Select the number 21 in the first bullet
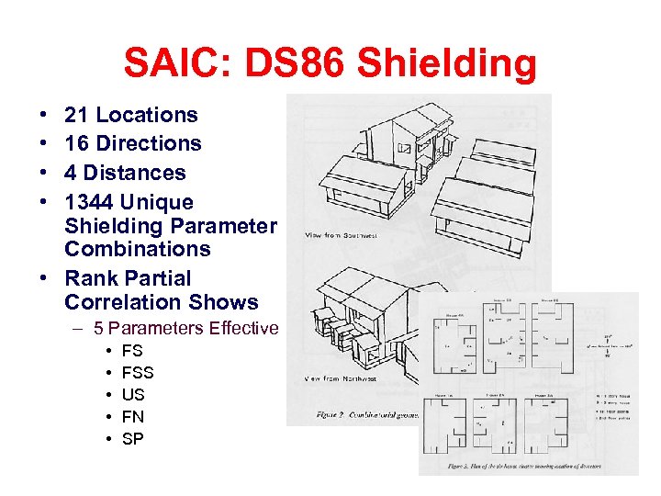coord(77,115)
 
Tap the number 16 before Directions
coord(77,143)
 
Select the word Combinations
coord(138,249)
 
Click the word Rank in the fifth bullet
coord(90,278)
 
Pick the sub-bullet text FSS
coord(138,372)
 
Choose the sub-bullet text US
coord(133,394)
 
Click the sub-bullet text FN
coord(133,416)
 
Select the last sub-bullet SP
coord(133,438)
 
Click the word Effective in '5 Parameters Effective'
coord(243,329)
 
